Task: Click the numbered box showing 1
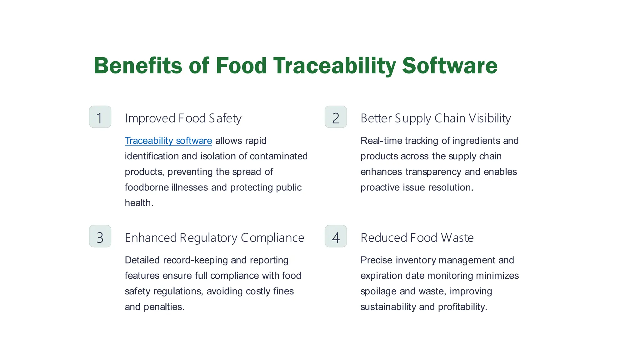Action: [100, 117]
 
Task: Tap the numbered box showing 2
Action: [336, 117]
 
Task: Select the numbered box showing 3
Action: [100, 236]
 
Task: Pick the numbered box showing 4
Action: [336, 236]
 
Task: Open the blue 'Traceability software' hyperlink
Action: [168, 141]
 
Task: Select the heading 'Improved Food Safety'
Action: [183, 118]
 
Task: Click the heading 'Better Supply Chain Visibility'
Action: [435, 118]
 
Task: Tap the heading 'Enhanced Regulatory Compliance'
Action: [214, 238]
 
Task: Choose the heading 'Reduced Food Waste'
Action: [417, 238]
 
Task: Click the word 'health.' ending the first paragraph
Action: [139, 203]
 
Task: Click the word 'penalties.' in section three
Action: [164, 307]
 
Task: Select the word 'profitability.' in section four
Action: [462, 307]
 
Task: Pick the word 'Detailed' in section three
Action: [142, 260]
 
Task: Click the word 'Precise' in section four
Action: [376, 260]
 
